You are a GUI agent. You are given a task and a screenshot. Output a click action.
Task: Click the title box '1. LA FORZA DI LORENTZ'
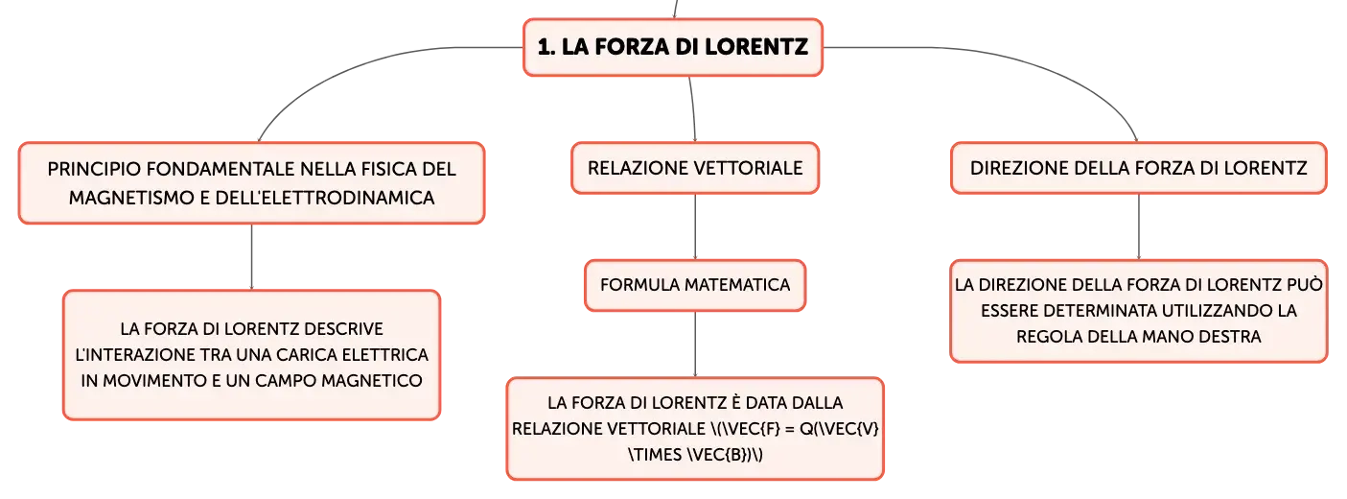pyautogui.click(x=673, y=47)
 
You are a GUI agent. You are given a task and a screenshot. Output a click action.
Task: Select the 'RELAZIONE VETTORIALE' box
pyautogui.click(x=695, y=168)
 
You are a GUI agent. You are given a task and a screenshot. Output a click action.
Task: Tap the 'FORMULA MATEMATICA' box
pyautogui.click(x=695, y=285)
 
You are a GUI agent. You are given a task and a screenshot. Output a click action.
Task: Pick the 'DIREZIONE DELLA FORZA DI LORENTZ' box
pyautogui.click(x=1138, y=168)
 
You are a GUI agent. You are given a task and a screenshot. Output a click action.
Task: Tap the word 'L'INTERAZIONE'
pyautogui.click(x=135, y=354)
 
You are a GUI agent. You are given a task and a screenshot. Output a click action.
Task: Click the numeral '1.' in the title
pyautogui.click(x=546, y=47)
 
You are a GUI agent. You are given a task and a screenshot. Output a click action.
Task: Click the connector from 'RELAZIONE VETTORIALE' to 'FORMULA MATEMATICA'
pyautogui.click(x=695, y=226)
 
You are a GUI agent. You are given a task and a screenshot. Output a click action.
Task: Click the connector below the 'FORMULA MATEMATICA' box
pyautogui.click(x=695, y=345)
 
